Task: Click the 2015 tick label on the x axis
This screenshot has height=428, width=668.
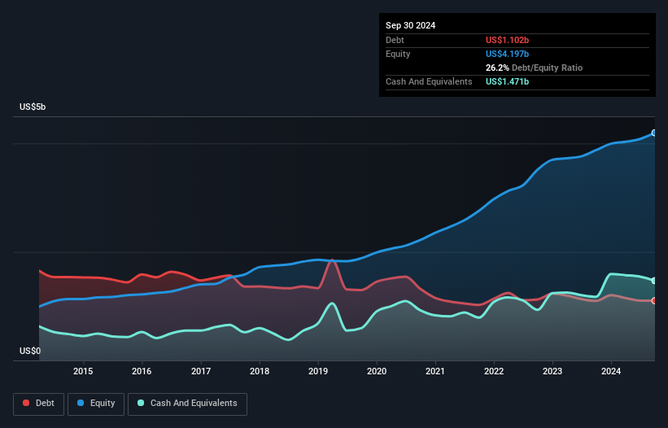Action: click(83, 372)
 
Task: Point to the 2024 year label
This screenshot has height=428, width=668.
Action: click(611, 372)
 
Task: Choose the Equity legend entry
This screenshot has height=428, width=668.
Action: click(96, 404)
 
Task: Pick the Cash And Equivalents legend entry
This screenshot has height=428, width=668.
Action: click(187, 404)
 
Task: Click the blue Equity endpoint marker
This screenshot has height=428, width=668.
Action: click(654, 133)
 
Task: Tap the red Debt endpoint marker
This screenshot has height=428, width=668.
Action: click(654, 301)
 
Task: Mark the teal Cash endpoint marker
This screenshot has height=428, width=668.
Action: click(654, 281)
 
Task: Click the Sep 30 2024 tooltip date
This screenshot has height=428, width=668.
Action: click(411, 25)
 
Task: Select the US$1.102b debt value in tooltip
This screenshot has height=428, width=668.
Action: click(508, 40)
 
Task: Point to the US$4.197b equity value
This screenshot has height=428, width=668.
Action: click(508, 54)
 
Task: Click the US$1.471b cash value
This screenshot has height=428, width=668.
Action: click(508, 81)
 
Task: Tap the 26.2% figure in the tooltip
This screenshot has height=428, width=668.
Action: click(496, 68)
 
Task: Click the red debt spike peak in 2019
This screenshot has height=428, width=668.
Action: click(332, 260)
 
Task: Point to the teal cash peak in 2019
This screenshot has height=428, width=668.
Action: click(332, 304)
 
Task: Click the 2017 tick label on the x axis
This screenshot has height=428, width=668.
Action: click(200, 372)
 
